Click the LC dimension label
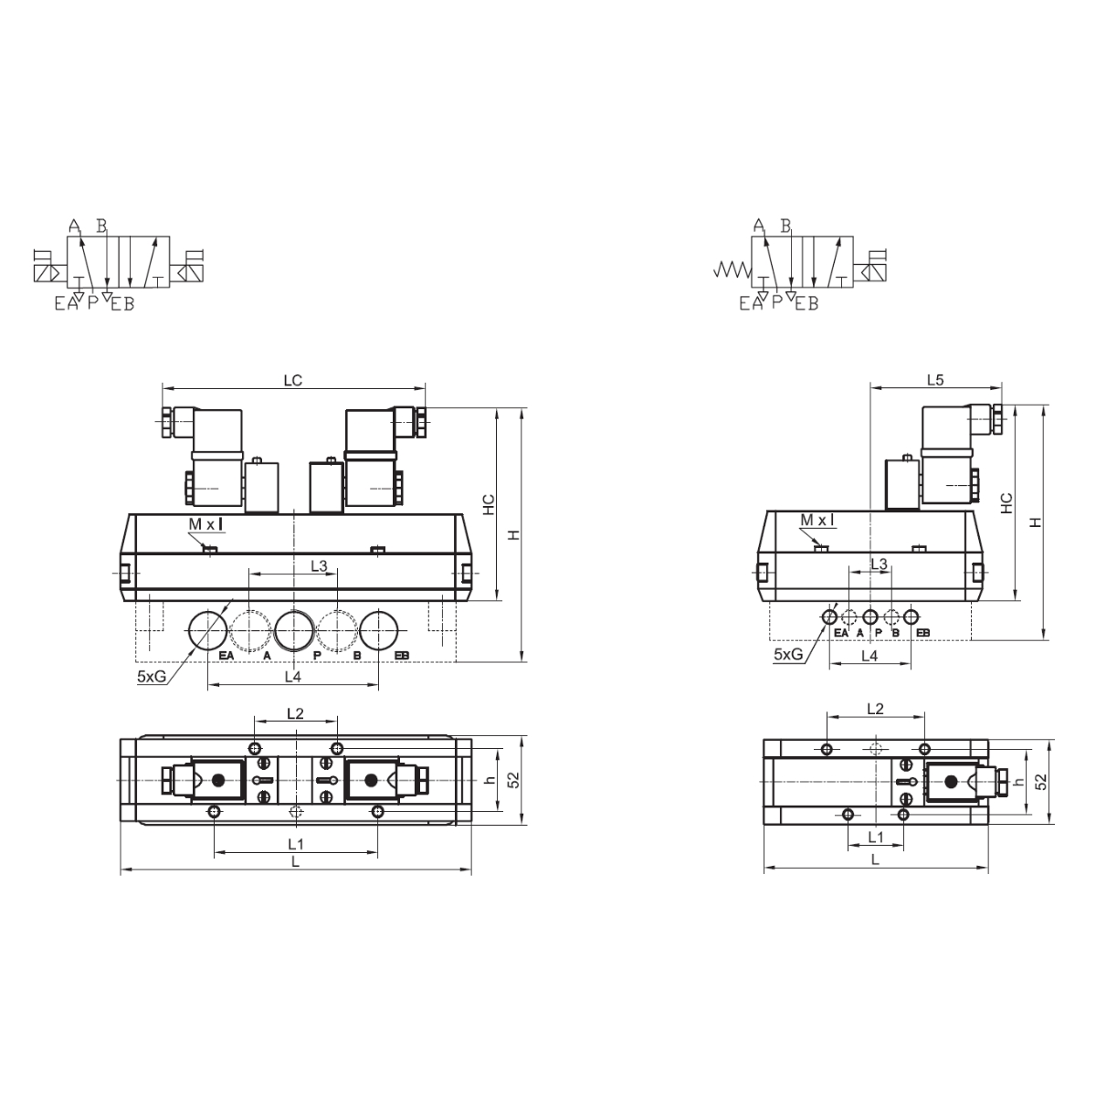(293, 381)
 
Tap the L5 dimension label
(935, 380)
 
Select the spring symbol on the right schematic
(732, 269)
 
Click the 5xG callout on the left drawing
(152, 676)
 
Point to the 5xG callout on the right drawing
(788, 654)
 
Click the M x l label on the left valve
(205, 524)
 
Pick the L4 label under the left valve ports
(292, 676)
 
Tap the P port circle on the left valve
(294, 631)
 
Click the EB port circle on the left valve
(379, 631)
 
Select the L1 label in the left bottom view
(296, 844)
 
